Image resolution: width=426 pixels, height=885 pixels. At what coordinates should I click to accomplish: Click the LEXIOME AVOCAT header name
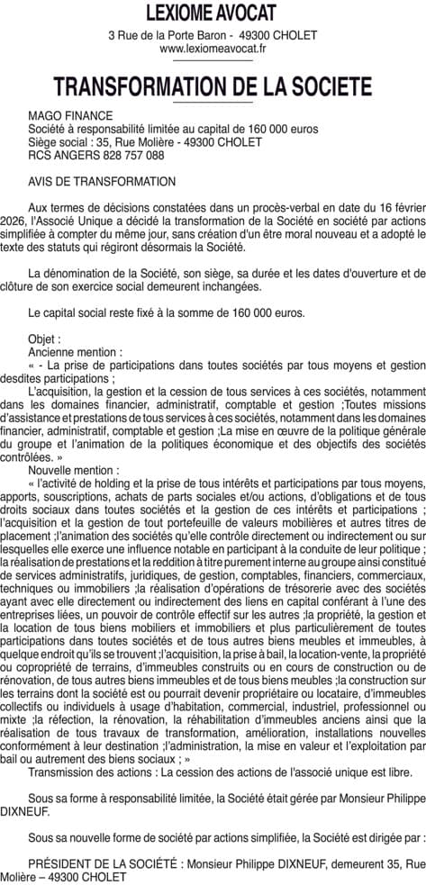pos(213,13)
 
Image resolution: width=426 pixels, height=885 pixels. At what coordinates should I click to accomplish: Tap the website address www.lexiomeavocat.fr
pos(213,49)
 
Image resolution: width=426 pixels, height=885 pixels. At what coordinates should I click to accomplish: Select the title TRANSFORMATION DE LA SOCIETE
pos(213,87)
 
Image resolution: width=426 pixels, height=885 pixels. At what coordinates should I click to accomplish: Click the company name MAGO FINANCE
pos(71,116)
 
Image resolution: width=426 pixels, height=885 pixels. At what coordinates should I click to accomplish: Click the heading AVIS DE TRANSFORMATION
pos(102,181)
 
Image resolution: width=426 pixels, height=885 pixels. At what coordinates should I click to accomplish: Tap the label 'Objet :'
pos(45,339)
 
